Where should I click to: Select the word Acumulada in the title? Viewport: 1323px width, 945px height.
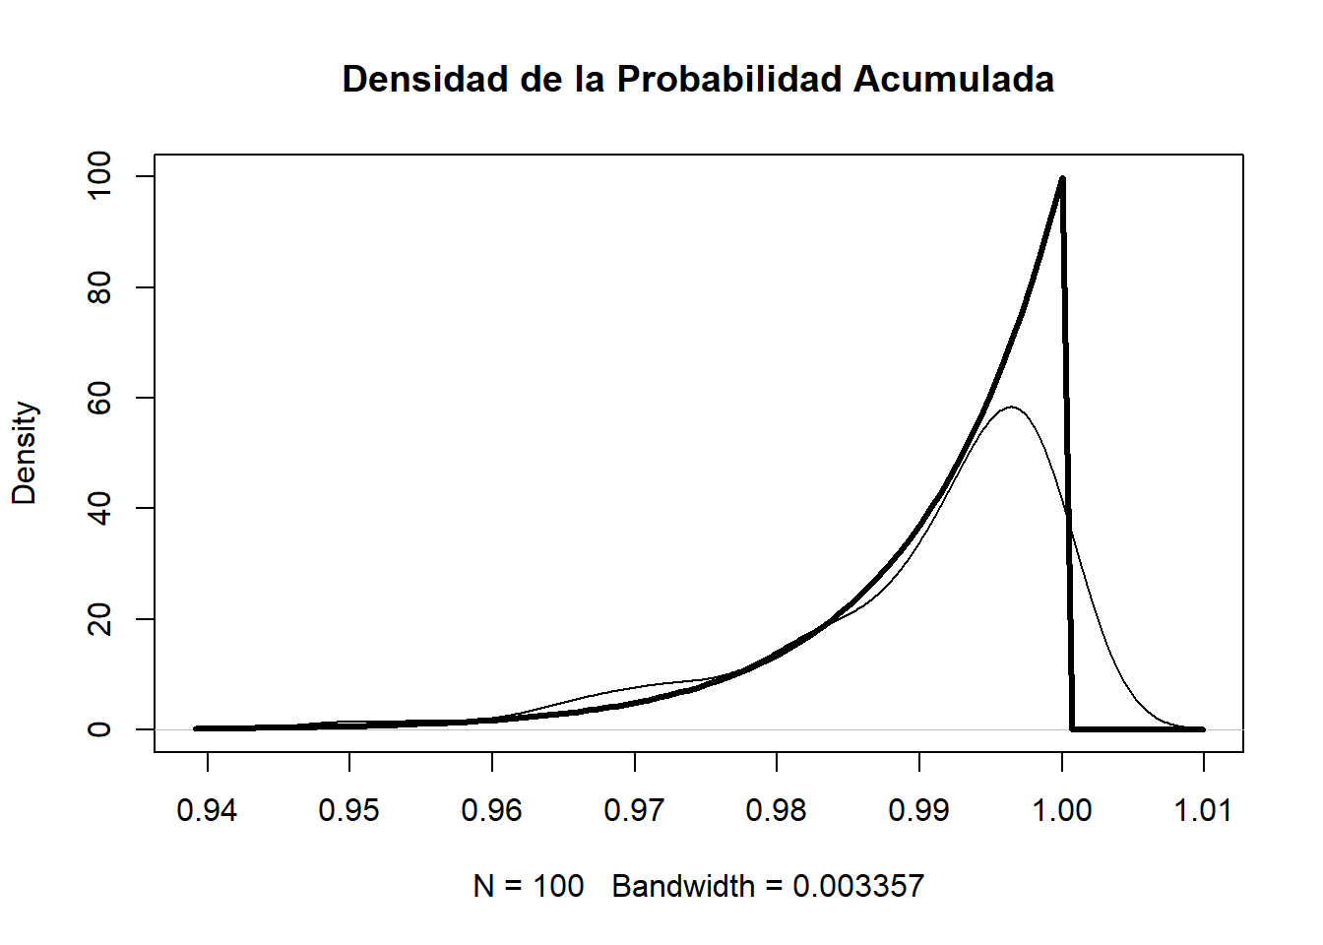(954, 80)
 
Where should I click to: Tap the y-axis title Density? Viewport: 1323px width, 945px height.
(24, 453)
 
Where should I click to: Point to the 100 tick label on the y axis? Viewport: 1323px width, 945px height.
(99, 176)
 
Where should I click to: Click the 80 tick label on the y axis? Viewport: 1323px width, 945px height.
(99, 287)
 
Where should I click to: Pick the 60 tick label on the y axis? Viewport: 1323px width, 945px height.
(99, 398)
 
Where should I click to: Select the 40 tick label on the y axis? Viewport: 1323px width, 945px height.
(99, 508)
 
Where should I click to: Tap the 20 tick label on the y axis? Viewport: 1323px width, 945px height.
(99, 619)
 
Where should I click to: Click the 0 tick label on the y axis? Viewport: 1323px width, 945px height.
(99, 729)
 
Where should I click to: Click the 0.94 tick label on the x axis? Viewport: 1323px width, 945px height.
(207, 810)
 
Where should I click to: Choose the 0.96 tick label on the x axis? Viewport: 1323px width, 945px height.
(492, 810)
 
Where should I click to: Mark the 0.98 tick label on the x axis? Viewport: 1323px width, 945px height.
(777, 810)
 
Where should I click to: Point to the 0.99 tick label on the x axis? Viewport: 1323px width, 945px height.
(919, 810)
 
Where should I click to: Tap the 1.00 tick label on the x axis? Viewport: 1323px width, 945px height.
(1062, 810)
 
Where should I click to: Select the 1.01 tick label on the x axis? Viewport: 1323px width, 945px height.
(1203, 810)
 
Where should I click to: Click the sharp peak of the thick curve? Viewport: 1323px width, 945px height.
(1062, 179)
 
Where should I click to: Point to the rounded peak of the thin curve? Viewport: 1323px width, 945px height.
(1012, 407)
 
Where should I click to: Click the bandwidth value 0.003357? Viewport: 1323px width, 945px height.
(858, 886)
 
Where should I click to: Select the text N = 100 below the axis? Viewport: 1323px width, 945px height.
(529, 886)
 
